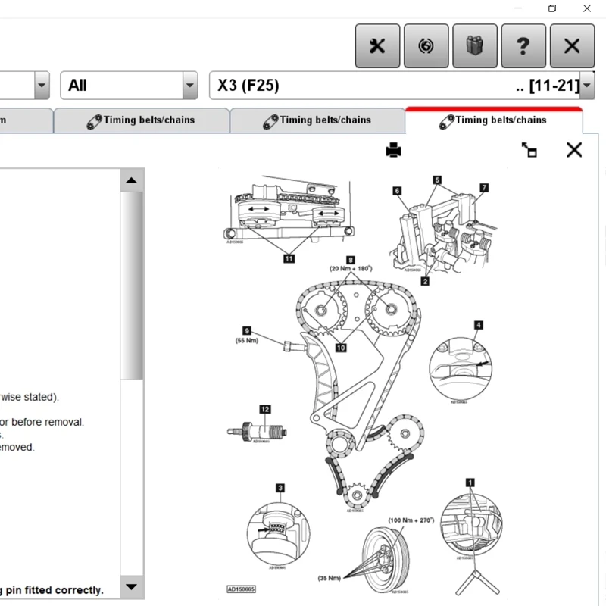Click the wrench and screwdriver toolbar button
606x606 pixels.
tap(377, 45)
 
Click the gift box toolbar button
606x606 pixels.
tap(474, 45)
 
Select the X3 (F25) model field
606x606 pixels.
tap(394, 86)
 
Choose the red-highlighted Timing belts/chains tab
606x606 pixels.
tap(493, 120)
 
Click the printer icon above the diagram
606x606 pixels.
tap(393, 150)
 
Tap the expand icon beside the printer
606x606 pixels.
tap(529, 150)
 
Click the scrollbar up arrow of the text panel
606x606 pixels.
tap(132, 180)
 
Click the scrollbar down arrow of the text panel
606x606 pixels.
tap(132, 586)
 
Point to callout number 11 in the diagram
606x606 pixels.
tap(289, 258)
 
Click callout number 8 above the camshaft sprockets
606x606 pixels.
tap(351, 260)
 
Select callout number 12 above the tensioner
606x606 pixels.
tap(264, 409)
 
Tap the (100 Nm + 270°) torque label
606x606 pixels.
tap(411, 520)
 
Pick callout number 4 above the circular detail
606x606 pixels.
tap(478, 325)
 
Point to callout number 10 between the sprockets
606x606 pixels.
tap(341, 348)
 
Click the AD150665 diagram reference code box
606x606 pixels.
tap(242, 589)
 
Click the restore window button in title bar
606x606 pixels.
tap(552, 8)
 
